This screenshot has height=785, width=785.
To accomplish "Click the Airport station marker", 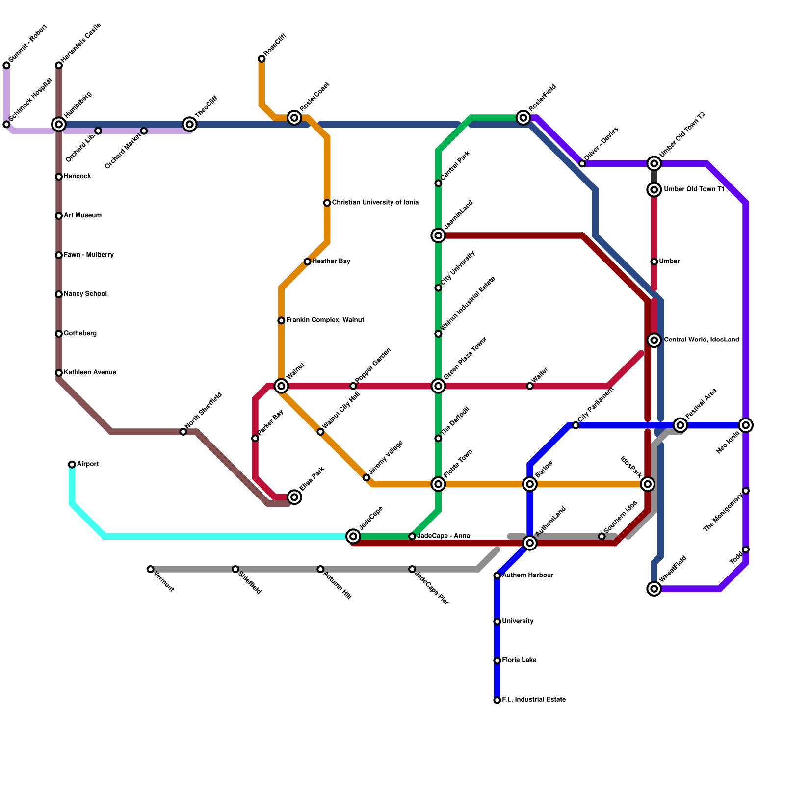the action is tap(72, 464).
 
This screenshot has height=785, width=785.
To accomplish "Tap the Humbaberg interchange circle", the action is tap(59, 124).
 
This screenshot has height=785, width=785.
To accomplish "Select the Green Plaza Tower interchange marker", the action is tap(438, 386).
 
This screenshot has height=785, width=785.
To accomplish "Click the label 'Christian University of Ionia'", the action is tap(375, 203).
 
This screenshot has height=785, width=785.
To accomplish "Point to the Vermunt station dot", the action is tap(150, 569).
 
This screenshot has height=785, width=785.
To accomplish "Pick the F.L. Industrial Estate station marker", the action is tap(497, 700).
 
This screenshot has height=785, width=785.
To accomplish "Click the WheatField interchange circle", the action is tap(654, 588).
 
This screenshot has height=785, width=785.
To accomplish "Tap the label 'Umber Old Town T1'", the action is tap(694, 189).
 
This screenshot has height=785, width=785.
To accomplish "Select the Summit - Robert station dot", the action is tap(6, 65).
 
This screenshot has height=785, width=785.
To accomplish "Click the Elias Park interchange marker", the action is tap(294, 497).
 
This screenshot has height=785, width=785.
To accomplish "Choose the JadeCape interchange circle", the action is tap(353, 536).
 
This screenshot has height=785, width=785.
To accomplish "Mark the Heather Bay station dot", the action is tap(307, 262).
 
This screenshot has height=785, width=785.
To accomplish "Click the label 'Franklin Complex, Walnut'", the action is tap(325, 320).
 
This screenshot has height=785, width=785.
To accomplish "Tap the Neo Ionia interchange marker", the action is tap(746, 425).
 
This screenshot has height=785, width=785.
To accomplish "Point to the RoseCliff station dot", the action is tap(262, 59).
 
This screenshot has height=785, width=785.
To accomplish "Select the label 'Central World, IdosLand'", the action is tap(701, 340).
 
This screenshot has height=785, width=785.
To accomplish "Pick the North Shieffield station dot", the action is tap(183, 432).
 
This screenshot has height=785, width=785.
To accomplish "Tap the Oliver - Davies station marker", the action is tap(582, 163).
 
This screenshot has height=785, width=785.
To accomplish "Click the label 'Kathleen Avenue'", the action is tap(90, 373).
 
